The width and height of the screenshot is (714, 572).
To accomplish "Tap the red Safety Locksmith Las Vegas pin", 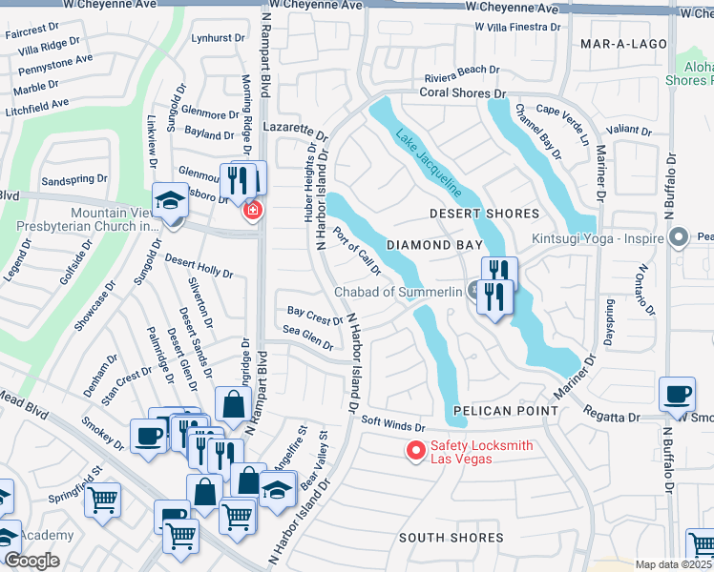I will click(415, 450).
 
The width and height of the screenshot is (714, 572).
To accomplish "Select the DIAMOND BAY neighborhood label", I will click(425, 245).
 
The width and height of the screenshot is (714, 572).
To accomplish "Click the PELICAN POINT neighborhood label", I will click(505, 411).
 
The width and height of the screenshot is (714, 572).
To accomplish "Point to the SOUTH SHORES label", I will click(451, 538).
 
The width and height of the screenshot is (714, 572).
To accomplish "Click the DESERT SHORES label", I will click(484, 214).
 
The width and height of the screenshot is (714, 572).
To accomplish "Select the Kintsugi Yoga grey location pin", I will click(679, 235).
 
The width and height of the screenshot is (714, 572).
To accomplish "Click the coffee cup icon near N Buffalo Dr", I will click(678, 392).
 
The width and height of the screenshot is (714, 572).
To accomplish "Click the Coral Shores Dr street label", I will click(463, 93).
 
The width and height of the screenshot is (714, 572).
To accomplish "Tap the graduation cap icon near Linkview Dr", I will click(169, 199).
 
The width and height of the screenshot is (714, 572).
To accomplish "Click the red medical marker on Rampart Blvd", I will click(253, 209).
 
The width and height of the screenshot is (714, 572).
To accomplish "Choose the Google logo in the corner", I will click(32, 560).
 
